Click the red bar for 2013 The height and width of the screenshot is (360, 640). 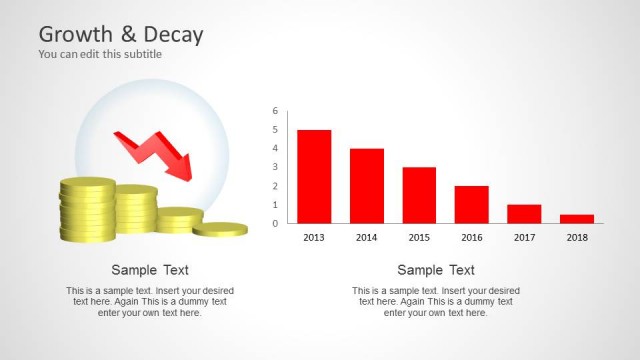pos(314,176)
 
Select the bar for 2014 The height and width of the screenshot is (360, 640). pos(367,186)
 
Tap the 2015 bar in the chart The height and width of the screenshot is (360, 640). pos(419,195)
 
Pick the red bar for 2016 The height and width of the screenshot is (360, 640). pos(471,204)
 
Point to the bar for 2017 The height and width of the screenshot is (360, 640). pos(524,214)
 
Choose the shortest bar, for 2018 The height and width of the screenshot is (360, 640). pos(576,218)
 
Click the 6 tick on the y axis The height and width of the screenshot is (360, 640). pos(275,111)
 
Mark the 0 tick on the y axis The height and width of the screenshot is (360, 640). pos(275,223)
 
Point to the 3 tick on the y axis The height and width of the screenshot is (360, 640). pos(275,167)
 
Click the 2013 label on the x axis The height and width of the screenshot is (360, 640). pos(314,238)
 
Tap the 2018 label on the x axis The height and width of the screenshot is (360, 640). pos(576,238)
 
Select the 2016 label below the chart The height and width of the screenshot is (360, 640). pos(471,238)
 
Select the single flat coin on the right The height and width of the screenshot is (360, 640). pos(220,229)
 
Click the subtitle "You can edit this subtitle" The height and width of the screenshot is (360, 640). pos(100,54)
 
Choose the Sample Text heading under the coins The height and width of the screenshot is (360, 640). pos(150,270)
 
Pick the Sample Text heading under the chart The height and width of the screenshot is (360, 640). pos(436,270)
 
